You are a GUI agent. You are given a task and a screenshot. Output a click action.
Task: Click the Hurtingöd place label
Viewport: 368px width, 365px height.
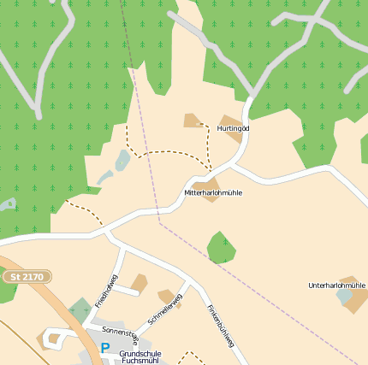pos(233,128)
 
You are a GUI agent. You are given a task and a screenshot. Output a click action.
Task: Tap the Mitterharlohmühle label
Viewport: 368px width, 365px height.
pos(213,193)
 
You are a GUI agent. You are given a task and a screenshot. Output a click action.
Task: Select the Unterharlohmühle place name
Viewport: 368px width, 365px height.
pos(336,285)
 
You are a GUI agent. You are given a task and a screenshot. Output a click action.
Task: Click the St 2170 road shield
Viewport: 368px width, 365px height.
pos(27,277)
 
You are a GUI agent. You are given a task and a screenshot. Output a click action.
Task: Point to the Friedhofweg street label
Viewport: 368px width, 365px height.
pos(105,290)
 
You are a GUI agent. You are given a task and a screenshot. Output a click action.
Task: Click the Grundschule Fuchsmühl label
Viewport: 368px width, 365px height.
pos(140,357)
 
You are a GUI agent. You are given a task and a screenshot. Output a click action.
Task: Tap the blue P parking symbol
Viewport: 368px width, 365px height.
pos(104,348)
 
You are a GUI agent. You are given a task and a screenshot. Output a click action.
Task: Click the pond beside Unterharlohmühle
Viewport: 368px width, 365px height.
pos(344,296)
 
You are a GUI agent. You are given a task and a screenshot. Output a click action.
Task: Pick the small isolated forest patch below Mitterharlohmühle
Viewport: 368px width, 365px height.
pos(221,247)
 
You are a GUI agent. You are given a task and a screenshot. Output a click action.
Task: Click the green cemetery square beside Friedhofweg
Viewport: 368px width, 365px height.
pos(80,310)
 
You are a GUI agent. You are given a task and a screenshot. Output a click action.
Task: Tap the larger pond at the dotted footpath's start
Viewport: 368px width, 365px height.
pos(122,160)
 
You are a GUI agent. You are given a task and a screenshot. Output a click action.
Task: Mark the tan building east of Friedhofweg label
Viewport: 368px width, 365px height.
pos(138,283)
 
